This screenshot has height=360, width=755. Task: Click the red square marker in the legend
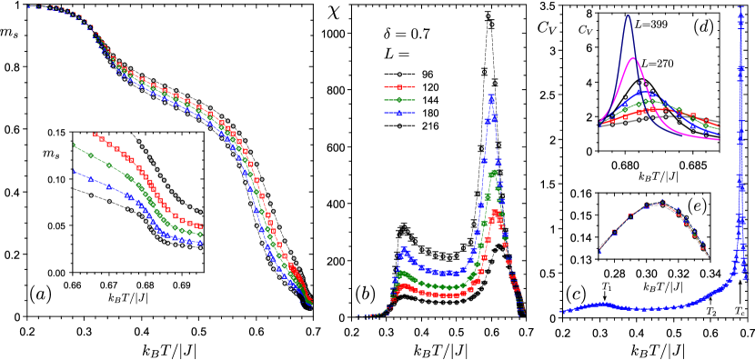point(399,87)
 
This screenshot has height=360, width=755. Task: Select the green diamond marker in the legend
point(399,100)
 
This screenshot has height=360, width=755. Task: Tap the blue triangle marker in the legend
point(399,113)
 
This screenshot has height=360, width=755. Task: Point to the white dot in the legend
point(399,75)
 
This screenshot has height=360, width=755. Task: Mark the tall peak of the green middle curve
point(493,173)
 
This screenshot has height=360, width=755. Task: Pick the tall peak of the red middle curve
point(495,213)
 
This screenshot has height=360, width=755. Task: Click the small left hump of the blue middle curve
point(402,249)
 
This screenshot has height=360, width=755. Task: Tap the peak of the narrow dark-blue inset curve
point(628,15)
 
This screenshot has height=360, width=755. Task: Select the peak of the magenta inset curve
point(633,59)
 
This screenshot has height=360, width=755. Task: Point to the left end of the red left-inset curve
point(95,135)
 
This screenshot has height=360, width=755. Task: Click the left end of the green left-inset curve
point(74,145)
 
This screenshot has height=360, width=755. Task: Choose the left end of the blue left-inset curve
point(74,172)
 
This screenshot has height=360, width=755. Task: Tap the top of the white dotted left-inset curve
point(138,142)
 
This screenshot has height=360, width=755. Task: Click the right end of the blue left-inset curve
point(200,243)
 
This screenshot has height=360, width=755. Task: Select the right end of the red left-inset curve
point(200,226)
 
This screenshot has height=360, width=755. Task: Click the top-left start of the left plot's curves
point(28,6)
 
